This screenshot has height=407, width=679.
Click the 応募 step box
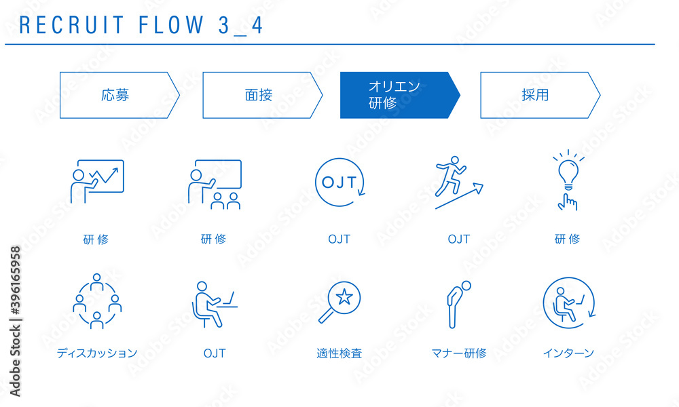(119, 95)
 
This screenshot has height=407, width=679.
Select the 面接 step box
(262, 95)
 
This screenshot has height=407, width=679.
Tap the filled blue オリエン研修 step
(400, 95)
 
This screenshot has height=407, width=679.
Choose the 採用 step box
(540, 95)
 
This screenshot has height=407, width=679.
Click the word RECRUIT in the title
(72, 25)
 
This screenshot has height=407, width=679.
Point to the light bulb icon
(568, 170)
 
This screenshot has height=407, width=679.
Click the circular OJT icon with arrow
(340, 182)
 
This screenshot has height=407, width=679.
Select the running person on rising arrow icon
(458, 182)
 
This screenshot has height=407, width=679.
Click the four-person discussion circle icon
(97, 301)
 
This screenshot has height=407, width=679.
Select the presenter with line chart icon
(97, 181)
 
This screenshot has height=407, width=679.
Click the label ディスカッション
(97, 353)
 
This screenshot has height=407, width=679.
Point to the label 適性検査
(339, 353)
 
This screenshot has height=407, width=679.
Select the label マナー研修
(459, 353)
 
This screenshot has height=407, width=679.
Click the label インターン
(568, 353)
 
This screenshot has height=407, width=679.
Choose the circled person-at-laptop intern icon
(569, 303)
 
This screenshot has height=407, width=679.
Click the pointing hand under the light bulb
(568, 202)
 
